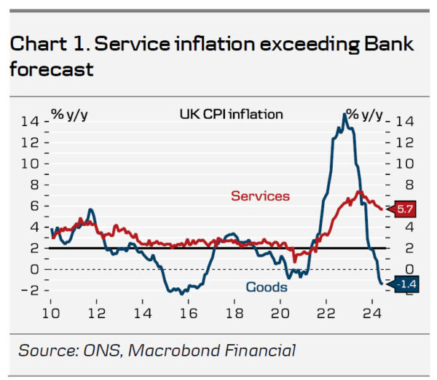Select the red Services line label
tap(260, 196)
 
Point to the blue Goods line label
tap(266, 287)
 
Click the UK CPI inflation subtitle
tap(231, 114)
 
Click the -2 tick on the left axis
tap(29, 290)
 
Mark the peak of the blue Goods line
tap(344, 115)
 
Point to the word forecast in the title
tap(52, 69)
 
